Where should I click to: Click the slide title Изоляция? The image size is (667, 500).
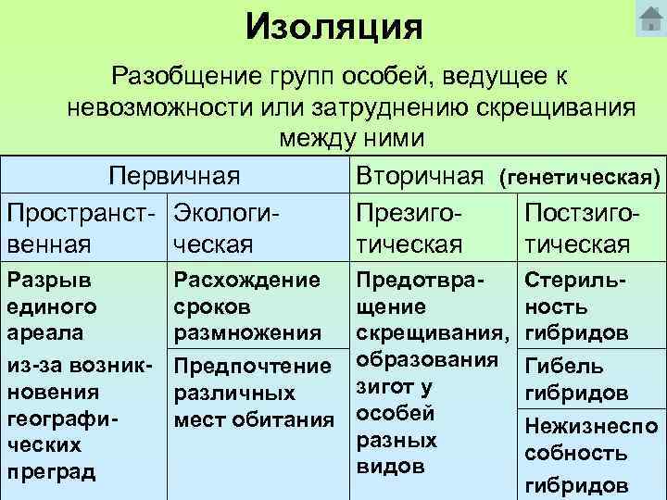coord(334,27)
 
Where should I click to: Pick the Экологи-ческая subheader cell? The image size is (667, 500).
coord(227,228)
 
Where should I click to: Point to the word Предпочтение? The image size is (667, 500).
coord(253,367)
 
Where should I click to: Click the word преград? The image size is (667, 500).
coord(50,471)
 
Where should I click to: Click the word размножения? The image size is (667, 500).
coord(247,331)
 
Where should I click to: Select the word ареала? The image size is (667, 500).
coord(41,331)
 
